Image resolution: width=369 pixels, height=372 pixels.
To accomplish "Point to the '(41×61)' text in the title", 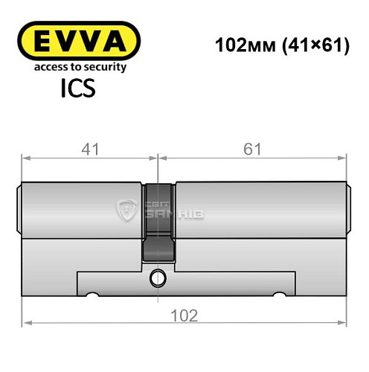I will pos(309,45).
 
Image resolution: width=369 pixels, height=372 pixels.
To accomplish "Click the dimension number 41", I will pos(89,149).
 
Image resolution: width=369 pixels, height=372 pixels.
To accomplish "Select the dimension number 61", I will pos(253,149).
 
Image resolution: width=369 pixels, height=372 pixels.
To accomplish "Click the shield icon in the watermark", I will pos(127,211).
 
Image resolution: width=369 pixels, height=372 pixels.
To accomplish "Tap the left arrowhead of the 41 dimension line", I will pos(25,157).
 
